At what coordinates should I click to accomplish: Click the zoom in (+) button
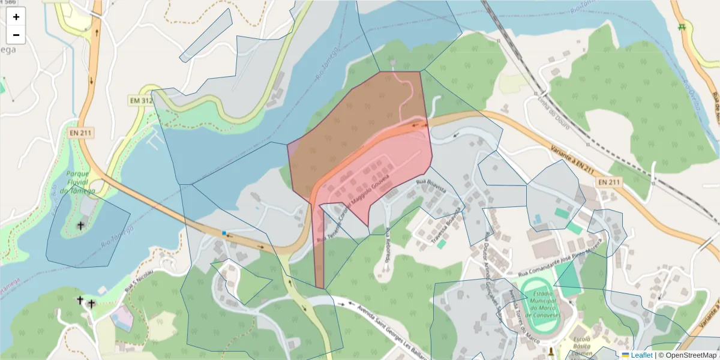pyautogui.click(x=16, y=17)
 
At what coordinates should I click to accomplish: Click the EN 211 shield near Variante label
pyautogui.click(x=610, y=181)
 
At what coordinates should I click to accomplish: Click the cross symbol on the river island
pyautogui.click(x=81, y=226)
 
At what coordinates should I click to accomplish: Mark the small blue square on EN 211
pyautogui.click(x=224, y=233)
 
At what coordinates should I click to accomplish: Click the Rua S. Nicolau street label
pyautogui.click(x=139, y=282)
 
